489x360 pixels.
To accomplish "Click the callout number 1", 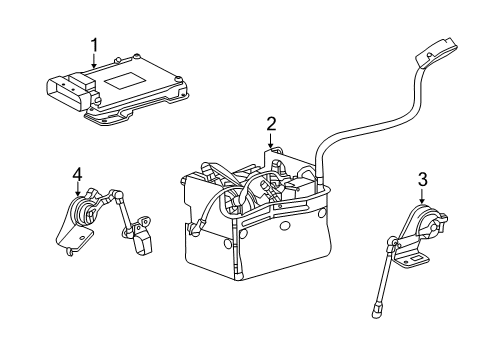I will click(94, 44).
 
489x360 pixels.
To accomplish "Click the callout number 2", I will click(270, 124).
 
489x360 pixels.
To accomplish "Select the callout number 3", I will click(423, 180).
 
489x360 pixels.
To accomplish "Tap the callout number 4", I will click(76, 175).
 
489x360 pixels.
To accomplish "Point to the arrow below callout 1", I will click(94, 62).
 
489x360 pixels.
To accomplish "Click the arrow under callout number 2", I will click(270, 143).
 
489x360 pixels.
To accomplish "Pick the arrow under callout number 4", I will click(76, 193).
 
